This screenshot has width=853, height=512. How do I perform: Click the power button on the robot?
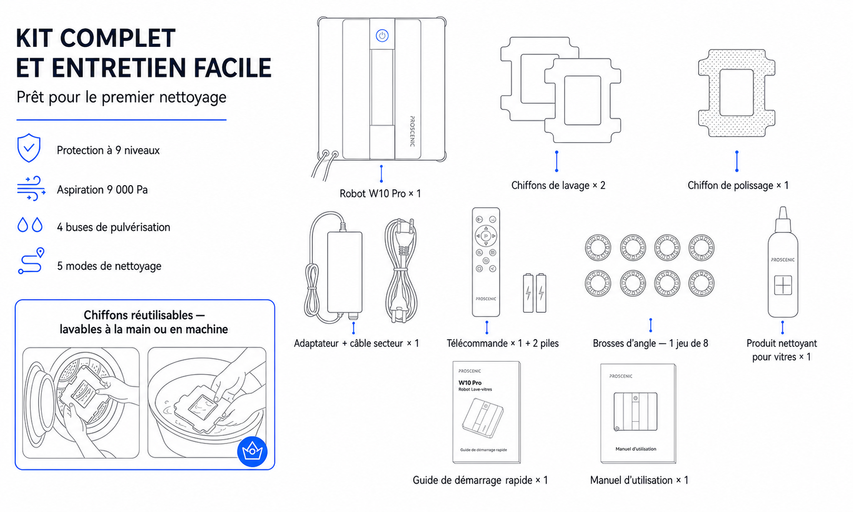coord(382,35)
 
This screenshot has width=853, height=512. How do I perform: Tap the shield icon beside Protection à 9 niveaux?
coord(29,148)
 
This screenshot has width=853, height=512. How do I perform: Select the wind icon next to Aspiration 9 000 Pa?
coord(31,188)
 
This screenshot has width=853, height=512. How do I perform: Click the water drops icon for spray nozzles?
coord(30,225)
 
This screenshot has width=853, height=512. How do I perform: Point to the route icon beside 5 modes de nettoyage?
coord(31,261)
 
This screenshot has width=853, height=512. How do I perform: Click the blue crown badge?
coord(252,451)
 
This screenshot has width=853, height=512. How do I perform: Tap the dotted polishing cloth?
coord(737,93)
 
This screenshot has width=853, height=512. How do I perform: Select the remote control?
coord(486,262)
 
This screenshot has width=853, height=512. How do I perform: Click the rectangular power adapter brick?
coord(345,272)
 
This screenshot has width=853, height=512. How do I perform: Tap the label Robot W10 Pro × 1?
coord(380,194)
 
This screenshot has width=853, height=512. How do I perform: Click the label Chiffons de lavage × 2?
coord(558,186)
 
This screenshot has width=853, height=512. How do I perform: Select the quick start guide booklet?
coord(486,412)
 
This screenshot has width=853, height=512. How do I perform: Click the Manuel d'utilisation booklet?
coord(638,413)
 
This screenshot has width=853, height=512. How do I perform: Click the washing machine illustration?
coord(81,402)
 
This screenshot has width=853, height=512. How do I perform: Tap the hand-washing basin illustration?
coord(207,402)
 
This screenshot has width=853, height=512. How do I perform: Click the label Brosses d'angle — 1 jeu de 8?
coord(650,343)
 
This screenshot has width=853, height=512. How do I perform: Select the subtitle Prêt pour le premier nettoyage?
coord(121,97)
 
